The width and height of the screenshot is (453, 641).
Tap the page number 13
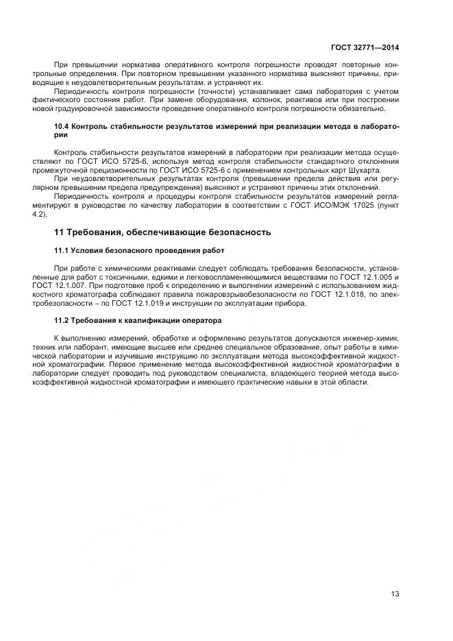click(395, 594)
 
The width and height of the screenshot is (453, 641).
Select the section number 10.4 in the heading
click(62, 127)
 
